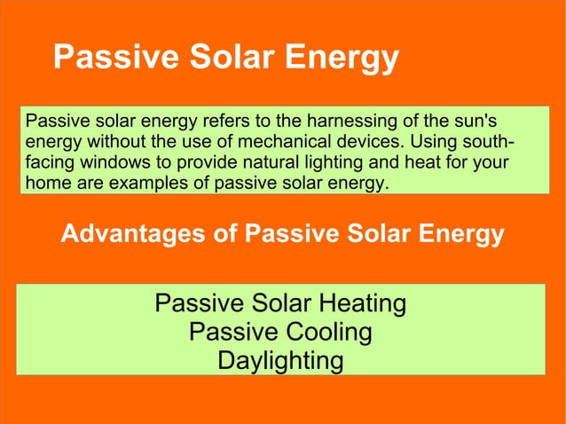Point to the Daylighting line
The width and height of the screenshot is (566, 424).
[x=279, y=361]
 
